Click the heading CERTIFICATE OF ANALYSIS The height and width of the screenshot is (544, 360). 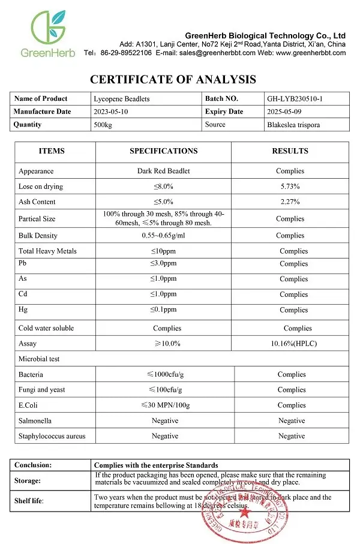(x=173, y=79)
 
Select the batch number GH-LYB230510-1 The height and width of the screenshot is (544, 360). (x=299, y=98)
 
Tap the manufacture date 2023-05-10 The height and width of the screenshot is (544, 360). (x=112, y=112)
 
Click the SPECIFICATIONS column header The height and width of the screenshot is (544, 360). (x=163, y=151)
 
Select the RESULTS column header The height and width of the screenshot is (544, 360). (x=290, y=151)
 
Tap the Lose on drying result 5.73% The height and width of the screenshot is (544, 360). (x=290, y=187)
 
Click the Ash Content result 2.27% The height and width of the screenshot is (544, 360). (x=290, y=202)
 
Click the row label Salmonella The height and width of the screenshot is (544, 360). (x=35, y=421)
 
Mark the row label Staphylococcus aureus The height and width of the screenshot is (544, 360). (x=52, y=437)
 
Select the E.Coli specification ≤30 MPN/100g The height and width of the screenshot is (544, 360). (x=164, y=405)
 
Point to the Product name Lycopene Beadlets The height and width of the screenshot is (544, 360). (x=122, y=98)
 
